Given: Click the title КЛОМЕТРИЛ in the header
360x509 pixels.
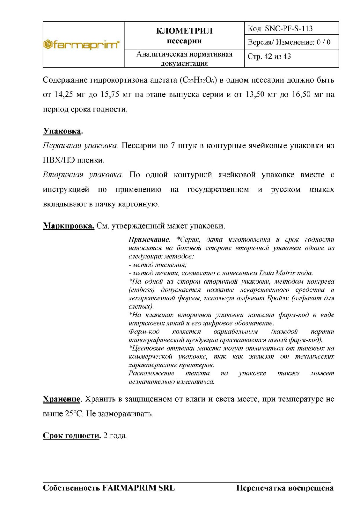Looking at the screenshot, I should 184,31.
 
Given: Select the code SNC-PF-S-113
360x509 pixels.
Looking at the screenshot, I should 289,29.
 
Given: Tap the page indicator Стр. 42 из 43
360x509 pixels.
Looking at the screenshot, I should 269,57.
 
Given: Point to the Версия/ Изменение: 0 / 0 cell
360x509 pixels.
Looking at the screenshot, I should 289,42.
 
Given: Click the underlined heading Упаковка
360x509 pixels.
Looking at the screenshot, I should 63,131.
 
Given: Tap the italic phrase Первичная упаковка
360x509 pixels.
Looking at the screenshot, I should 80,146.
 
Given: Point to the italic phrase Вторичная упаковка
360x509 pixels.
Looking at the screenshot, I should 83,175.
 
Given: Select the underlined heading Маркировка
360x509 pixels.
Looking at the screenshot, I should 69,226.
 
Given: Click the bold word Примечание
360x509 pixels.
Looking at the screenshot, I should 149,240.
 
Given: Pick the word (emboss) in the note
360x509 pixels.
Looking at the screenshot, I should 142,290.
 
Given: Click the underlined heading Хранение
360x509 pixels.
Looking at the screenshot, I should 61,399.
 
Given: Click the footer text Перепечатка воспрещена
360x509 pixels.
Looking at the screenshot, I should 285,488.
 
